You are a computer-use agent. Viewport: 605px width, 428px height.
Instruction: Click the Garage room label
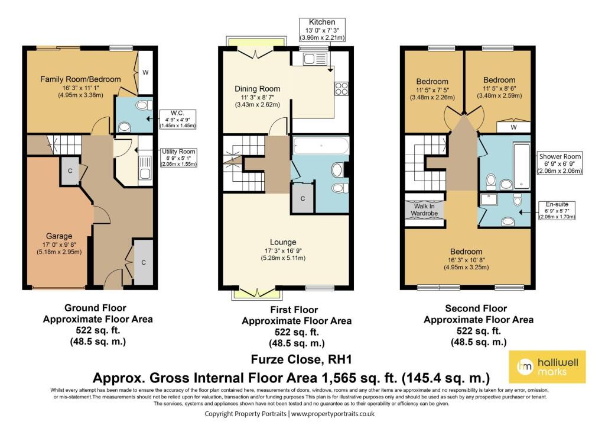tap(59, 236)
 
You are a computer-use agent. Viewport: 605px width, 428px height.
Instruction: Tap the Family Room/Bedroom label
tap(80, 79)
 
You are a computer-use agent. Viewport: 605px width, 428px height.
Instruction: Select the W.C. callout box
tap(177, 119)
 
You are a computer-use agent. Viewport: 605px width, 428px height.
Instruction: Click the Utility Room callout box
tap(178, 157)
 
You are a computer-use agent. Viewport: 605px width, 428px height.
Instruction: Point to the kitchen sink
tap(315, 59)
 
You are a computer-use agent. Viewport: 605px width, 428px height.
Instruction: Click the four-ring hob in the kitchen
tap(341, 89)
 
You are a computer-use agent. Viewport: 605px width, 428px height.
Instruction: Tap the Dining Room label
tap(258, 89)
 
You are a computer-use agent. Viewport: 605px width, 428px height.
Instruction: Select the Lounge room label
tap(283, 243)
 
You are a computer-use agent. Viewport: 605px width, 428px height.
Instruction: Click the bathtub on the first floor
tap(321, 146)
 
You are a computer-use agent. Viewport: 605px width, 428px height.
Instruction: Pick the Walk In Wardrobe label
tap(424, 210)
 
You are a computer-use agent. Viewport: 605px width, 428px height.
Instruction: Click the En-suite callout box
tap(557, 211)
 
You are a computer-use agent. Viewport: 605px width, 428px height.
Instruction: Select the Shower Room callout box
tap(560, 163)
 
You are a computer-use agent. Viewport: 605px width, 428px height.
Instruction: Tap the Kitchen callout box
tap(322, 30)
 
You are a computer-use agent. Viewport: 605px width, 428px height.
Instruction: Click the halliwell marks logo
tap(547, 367)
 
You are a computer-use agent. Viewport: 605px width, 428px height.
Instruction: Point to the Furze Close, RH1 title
tap(301, 359)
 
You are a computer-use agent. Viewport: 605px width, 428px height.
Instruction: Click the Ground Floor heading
tap(95, 308)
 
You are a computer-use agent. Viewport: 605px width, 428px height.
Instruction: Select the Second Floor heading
tap(476, 308)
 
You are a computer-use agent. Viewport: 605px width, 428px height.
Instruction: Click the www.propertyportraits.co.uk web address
tap(333, 414)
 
